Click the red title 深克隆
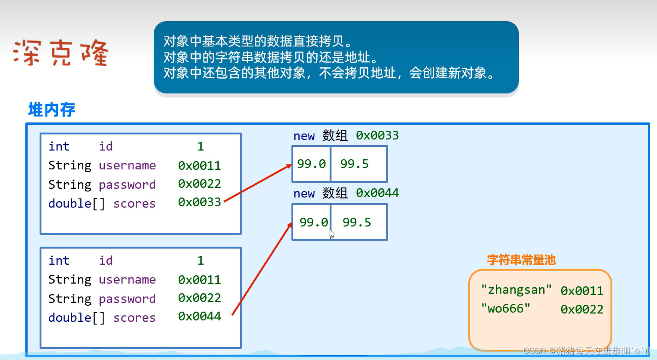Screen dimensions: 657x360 click(x=61, y=53)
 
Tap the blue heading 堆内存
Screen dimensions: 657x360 click(x=52, y=110)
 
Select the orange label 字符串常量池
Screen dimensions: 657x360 click(x=521, y=260)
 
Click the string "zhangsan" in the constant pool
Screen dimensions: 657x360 click(x=516, y=290)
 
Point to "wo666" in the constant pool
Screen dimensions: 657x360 click(x=506, y=308)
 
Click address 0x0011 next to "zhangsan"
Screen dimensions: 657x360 click(x=582, y=291)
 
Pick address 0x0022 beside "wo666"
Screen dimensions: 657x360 click(x=582, y=309)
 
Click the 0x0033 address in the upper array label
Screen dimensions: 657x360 click(x=378, y=135)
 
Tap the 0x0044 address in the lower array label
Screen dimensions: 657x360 click(x=378, y=193)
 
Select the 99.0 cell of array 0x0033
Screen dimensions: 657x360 click(x=311, y=164)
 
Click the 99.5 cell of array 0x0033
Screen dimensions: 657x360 click(x=359, y=164)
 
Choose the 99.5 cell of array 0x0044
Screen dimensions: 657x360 click(x=359, y=222)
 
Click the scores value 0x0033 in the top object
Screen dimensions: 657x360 click(x=199, y=202)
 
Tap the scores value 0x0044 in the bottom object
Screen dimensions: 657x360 click(x=199, y=316)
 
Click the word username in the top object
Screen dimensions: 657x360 click(x=127, y=165)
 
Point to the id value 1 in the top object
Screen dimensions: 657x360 click(x=200, y=146)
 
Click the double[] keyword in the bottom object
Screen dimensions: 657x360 click(x=76, y=318)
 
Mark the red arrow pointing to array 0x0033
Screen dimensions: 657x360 click(x=257, y=183)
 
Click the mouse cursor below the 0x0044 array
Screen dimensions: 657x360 click(x=332, y=234)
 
